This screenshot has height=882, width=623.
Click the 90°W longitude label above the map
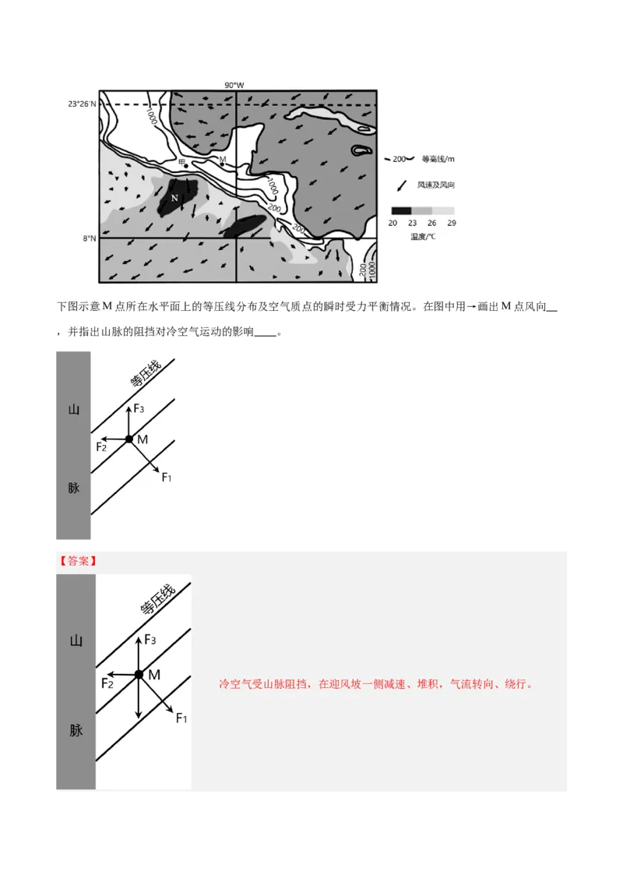(234, 85)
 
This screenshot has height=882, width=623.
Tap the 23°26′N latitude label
(82, 104)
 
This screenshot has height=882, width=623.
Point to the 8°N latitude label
(89, 238)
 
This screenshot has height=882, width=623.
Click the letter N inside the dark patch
(174, 198)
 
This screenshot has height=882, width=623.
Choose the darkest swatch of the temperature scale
(400, 211)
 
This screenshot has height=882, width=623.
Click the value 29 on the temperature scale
(452, 223)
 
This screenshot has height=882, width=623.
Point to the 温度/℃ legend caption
(423, 236)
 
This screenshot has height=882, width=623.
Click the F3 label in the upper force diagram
(139, 408)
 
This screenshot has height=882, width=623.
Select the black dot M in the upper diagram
(129, 439)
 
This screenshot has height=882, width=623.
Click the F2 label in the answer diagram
(107, 683)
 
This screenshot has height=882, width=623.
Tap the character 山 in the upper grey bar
(74, 409)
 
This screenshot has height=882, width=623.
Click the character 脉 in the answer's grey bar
(76, 731)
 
